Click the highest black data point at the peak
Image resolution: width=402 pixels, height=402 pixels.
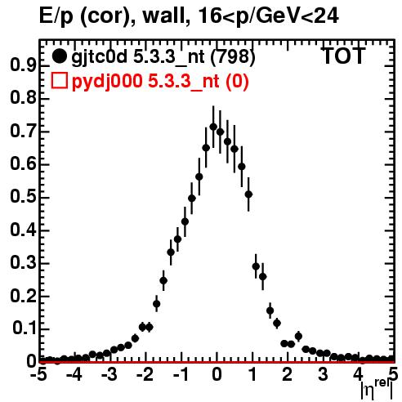(213, 127)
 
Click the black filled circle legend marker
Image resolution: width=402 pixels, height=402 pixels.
(59, 56)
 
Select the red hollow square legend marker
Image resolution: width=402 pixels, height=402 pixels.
(59, 81)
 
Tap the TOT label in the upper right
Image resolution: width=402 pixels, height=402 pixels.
(344, 56)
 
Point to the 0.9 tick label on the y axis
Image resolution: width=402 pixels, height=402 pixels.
(23, 65)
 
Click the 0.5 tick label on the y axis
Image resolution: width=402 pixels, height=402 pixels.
(23, 197)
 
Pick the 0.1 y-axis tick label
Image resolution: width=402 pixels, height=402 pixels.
(25, 328)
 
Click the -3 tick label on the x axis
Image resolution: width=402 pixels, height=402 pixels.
(109, 374)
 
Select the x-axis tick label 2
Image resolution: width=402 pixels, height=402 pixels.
(287, 374)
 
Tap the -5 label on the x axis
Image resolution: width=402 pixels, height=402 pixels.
(38, 374)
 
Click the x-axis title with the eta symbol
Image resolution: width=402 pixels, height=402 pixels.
(377, 390)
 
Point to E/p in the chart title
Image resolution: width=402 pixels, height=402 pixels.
(56, 17)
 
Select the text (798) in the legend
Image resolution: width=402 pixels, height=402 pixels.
(233, 56)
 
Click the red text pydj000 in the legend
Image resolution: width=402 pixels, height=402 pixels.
(107, 82)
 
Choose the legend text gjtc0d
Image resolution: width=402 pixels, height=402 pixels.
(100, 57)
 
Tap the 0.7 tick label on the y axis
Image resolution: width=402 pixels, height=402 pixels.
(23, 131)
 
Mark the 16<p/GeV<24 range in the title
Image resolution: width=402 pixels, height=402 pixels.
(268, 16)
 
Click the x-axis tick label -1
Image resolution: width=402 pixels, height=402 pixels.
(181, 374)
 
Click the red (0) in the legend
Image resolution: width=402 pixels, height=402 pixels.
(236, 82)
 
